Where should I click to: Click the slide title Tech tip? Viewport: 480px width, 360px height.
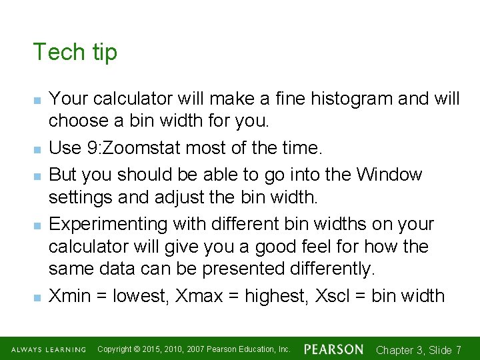click(75, 52)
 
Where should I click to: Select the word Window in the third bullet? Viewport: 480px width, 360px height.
click(389, 175)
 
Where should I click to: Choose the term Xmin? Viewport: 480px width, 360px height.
click(70, 295)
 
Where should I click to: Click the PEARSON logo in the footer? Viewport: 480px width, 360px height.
click(333, 349)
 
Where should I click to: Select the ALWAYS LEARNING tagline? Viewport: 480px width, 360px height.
click(48, 349)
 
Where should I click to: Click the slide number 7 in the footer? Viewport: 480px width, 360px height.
click(458, 350)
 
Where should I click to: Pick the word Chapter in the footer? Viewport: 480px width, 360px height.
click(395, 350)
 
